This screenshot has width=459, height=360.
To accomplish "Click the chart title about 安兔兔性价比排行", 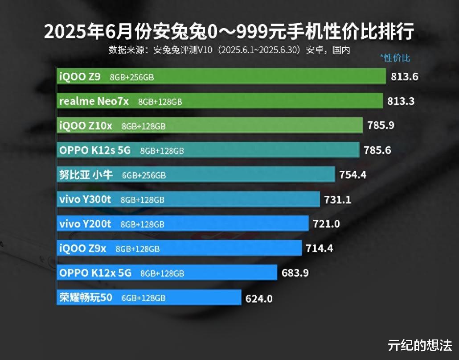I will point(229,32).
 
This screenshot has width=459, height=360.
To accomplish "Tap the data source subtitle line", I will point(229,50).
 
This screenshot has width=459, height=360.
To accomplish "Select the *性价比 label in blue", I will point(395,58).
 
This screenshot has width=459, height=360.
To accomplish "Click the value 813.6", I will point(405,77).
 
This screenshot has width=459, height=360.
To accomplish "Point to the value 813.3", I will point(401,101).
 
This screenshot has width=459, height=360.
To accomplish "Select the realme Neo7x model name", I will point(94,101).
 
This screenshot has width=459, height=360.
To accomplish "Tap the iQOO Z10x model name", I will point(86,126).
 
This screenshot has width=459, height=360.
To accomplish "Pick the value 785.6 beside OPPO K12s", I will point(377,150).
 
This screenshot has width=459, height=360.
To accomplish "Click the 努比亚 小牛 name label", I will point(86,175).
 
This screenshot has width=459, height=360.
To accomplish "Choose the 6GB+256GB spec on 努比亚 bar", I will point(144,175).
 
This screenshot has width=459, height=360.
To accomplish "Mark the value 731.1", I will point(338,199).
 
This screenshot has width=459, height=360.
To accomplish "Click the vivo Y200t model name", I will point(85,224).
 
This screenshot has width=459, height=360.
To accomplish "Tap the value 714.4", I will point(320,248).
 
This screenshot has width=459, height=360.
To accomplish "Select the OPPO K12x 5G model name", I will point(95,273).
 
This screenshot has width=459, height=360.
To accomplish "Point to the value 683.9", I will point(295,273).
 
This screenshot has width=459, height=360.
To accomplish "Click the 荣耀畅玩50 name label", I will point(86,297).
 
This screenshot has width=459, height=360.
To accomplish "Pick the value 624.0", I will point(259,298).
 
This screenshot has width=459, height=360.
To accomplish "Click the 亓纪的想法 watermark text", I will point(420,345).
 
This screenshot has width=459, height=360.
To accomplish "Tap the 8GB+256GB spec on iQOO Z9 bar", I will point(132,77).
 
